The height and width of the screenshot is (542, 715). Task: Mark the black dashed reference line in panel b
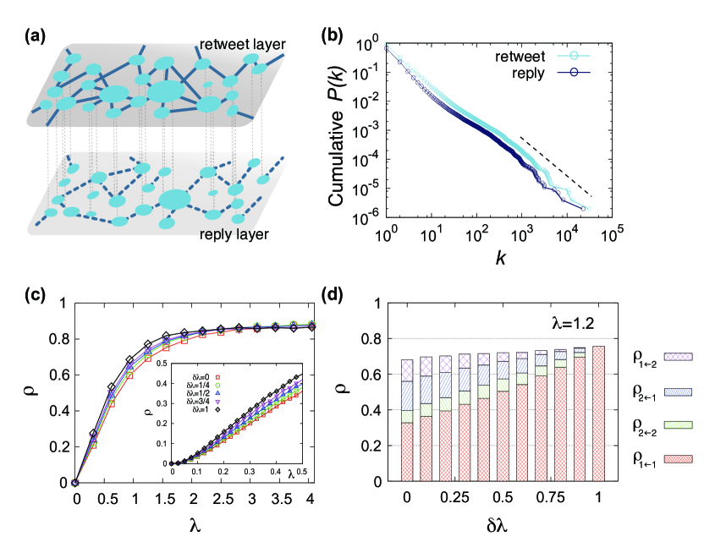point(555,166)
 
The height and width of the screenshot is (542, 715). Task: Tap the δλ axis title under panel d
point(500,524)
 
